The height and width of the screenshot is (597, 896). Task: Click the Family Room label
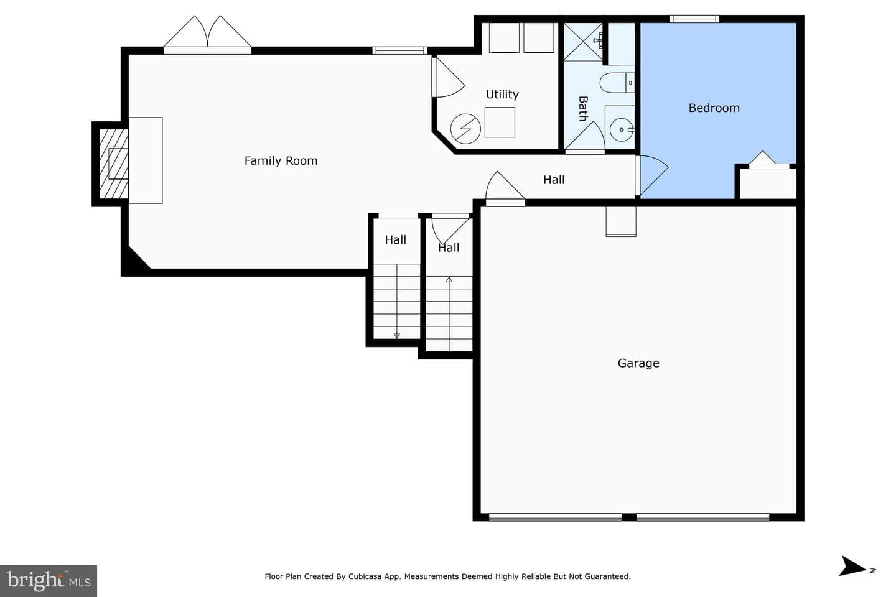pyautogui.click(x=281, y=160)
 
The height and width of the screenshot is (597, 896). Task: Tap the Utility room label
pyautogui.click(x=502, y=95)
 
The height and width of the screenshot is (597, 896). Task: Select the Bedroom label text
pyautogui.click(x=714, y=108)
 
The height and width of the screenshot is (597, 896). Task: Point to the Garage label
pyautogui.click(x=638, y=363)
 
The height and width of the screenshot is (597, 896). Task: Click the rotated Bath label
pyautogui.click(x=583, y=108)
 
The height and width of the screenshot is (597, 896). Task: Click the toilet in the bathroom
pyautogui.click(x=617, y=83)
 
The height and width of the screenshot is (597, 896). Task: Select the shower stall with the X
pyautogui.click(x=583, y=42)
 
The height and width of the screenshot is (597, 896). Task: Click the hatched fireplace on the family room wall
pyautogui.click(x=114, y=164)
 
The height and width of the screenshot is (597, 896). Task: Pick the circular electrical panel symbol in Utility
pyautogui.click(x=465, y=129)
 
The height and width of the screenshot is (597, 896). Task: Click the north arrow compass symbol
pyautogui.click(x=854, y=566)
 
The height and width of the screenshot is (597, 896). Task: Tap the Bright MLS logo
pyautogui.click(x=49, y=581)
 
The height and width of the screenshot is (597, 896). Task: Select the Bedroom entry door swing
pyautogui.click(x=652, y=175)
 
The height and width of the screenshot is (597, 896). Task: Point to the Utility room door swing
pyautogui.click(x=448, y=77)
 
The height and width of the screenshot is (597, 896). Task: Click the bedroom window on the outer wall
pyautogui.click(x=694, y=19)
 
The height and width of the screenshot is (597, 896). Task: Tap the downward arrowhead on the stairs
pyautogui.click(x=397, y=336)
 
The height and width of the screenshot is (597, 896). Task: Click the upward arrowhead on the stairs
pyautogui.click(x=449, y=279)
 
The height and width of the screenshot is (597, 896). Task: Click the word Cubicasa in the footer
pyautogui.click(x=365, y=576)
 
